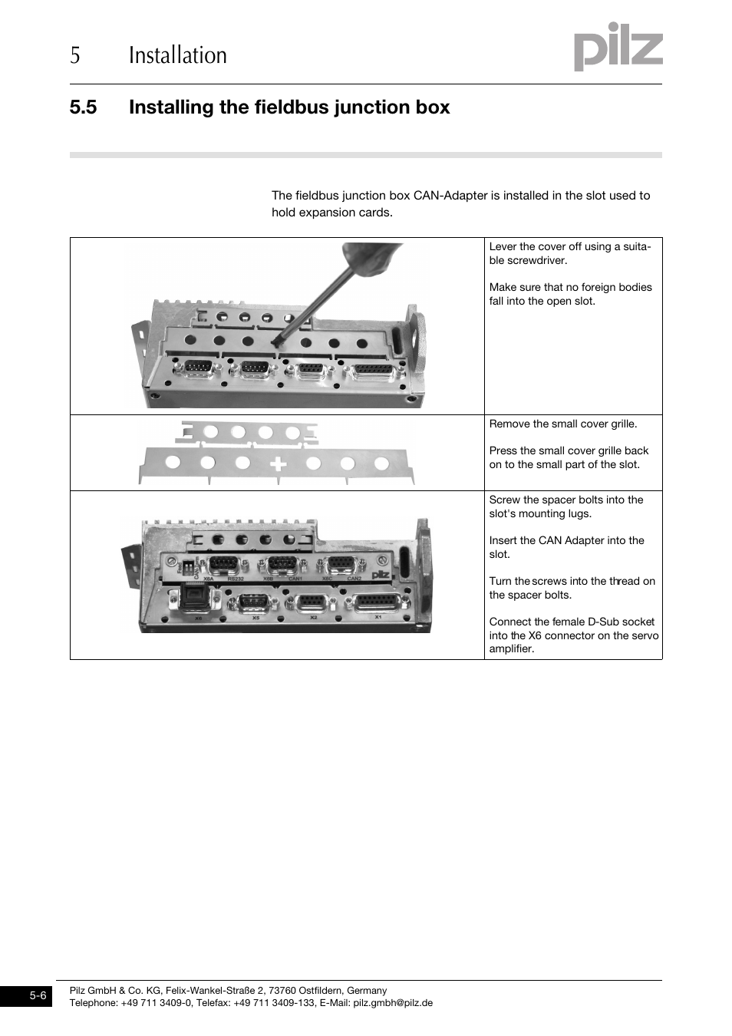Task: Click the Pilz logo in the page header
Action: pos(618,47)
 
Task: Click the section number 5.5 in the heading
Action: pos(83,107)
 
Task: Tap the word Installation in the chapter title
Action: pos(177,55)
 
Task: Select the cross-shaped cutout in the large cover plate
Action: pos(278,464)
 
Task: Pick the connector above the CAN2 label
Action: pos(341,566)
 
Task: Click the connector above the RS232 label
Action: pos(223,566)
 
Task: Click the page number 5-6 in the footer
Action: pos(38,996)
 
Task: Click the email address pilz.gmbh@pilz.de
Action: pos(393,1002)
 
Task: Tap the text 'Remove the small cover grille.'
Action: pos(563,424)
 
